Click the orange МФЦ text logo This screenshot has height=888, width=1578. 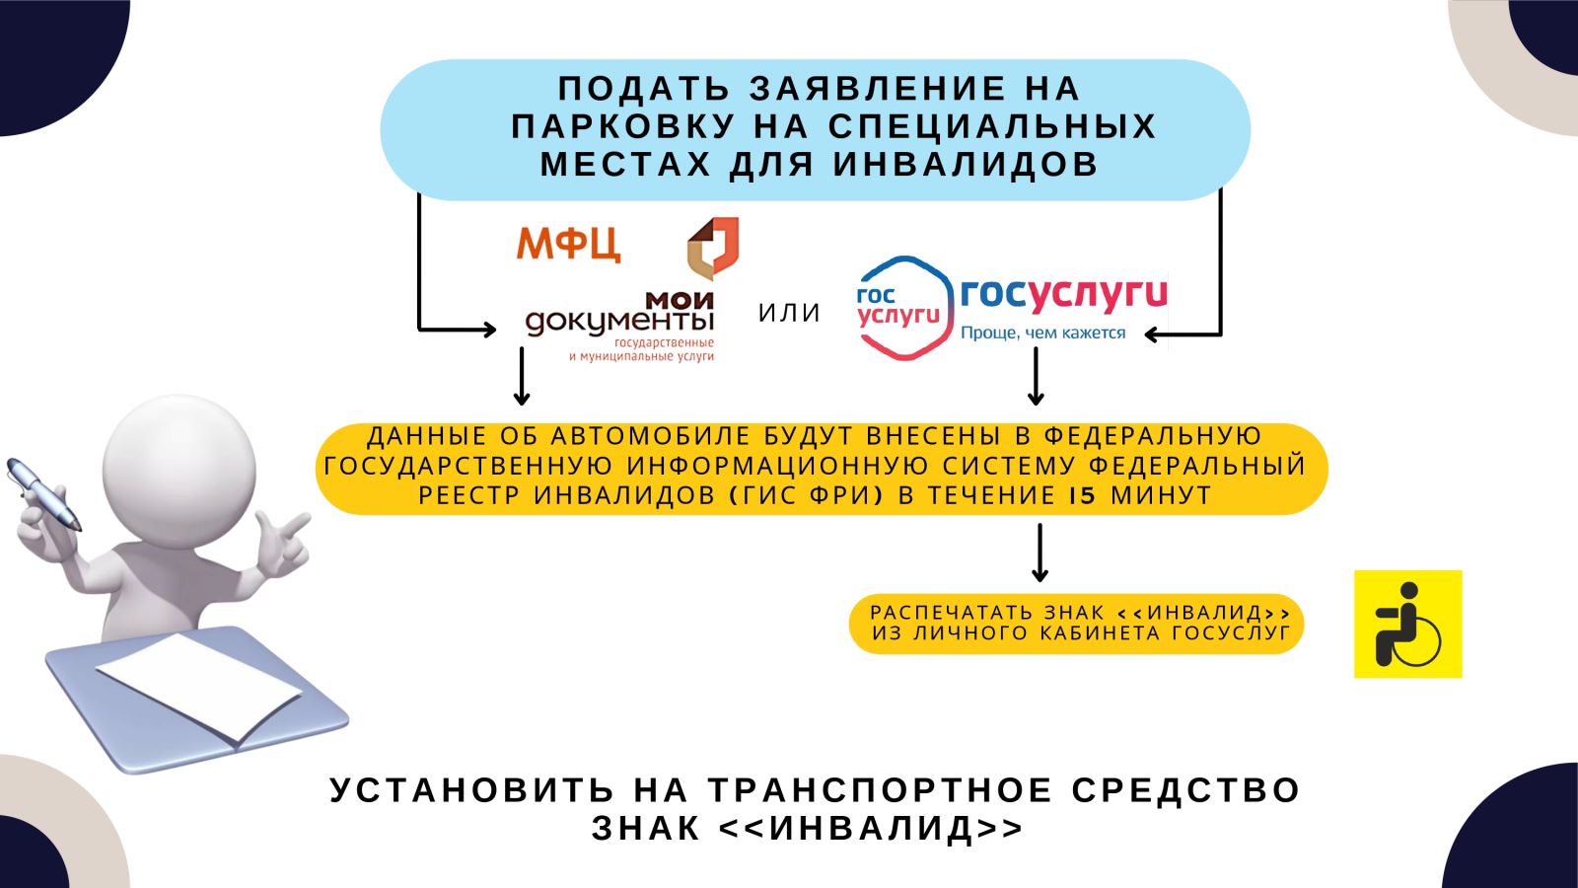[x=568, y=242]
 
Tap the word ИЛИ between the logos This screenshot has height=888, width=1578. [x=789, y=313]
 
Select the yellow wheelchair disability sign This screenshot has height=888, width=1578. [x=1407, y=624]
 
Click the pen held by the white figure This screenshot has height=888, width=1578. [x=44, y=492]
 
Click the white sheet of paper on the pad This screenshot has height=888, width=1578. [x=197, y=687]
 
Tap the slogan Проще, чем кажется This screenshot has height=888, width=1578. [x=1042, y=333]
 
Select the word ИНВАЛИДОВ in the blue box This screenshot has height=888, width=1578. [x=966, y=164]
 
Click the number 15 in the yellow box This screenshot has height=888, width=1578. [x=1082, y=495]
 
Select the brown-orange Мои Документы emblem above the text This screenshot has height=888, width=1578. [x=712, y=248]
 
